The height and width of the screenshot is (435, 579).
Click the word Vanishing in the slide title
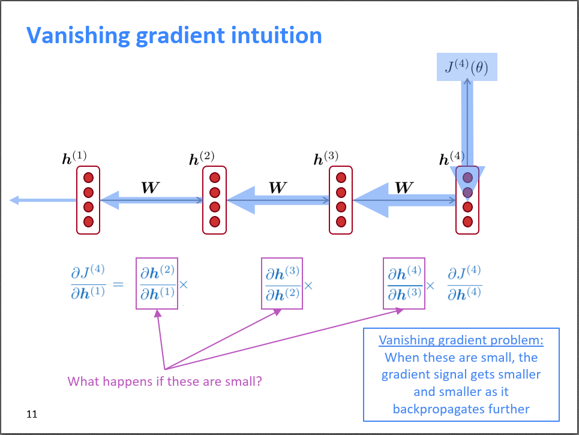click(76, 35)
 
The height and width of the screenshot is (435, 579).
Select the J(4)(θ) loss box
click(466, 67)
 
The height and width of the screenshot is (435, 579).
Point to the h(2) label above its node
click(202, 158)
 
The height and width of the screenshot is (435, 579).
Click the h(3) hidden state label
click(326, 158)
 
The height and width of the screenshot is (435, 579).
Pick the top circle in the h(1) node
click(88, 178)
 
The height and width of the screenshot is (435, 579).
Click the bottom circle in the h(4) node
click(467, 221)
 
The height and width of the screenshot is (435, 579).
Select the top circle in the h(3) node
click(341, 178)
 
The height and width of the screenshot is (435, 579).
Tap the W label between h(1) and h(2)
click(150, 187)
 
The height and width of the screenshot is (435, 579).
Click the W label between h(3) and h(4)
click(404, 187)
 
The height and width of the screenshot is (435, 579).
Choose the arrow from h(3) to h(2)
click(278, 200)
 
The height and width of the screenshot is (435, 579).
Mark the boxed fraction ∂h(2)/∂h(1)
click(157, 283)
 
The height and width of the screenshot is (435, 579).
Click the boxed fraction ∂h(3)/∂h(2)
click(282, 283)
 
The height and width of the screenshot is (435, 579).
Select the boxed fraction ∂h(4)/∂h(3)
click(404, 283)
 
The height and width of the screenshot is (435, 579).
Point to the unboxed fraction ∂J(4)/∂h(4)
click(464, 283)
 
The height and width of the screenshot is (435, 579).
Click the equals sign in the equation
click(118, 284)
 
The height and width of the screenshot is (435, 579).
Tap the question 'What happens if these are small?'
click(164, 381)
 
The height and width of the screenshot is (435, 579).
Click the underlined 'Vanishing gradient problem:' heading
click(461, 340)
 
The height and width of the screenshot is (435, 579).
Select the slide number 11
click(32, 414)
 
